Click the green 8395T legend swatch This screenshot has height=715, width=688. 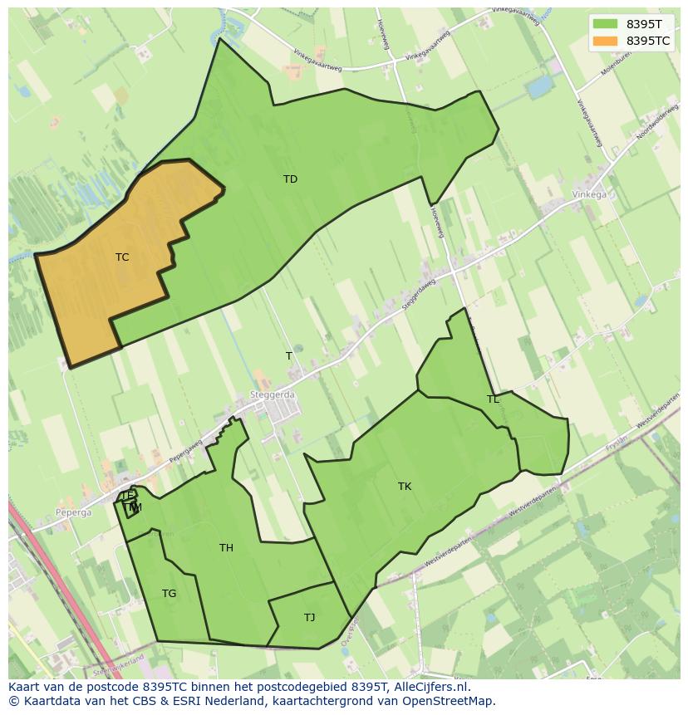(x=605, y=24)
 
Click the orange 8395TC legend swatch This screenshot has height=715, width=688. (x=605, y=41)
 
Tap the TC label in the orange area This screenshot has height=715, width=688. (x=122, y=257)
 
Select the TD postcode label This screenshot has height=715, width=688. (x=290, y=179)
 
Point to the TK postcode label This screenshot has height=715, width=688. (x=405, y=487)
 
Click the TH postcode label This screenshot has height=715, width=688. (x=226, y=548)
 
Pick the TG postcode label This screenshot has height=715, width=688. (x=170, y=594)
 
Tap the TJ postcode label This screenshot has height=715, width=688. (x=309, y=618)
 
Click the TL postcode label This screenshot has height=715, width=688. (x=493, y=399)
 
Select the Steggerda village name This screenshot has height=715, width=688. (x=272, y=396)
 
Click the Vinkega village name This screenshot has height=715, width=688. (x=589, y=195)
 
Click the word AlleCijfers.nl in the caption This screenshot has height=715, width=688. (x=430, y=687)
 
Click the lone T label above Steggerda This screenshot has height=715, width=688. (x=289, y=356)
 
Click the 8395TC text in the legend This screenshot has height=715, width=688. (x=648, y=41)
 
